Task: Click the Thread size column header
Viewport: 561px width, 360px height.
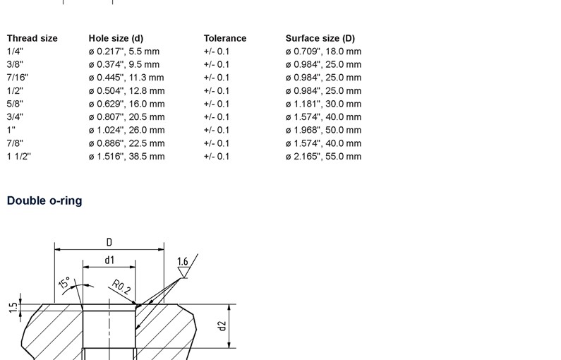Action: [32, 38]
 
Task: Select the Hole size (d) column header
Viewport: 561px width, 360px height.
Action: [116, 38]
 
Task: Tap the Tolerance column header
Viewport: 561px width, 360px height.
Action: [225, 38]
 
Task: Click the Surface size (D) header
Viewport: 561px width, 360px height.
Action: [320, 38]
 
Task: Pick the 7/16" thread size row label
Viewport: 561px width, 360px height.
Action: [17, 78]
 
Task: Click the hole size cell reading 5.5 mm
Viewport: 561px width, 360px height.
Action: [124, 52]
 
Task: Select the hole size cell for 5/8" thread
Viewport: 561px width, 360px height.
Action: [126, 104]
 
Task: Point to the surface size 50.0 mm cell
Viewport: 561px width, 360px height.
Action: [323, 131]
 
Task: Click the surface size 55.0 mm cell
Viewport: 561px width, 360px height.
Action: [323, 157]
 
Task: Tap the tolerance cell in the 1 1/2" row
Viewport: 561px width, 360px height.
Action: [217, 157]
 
